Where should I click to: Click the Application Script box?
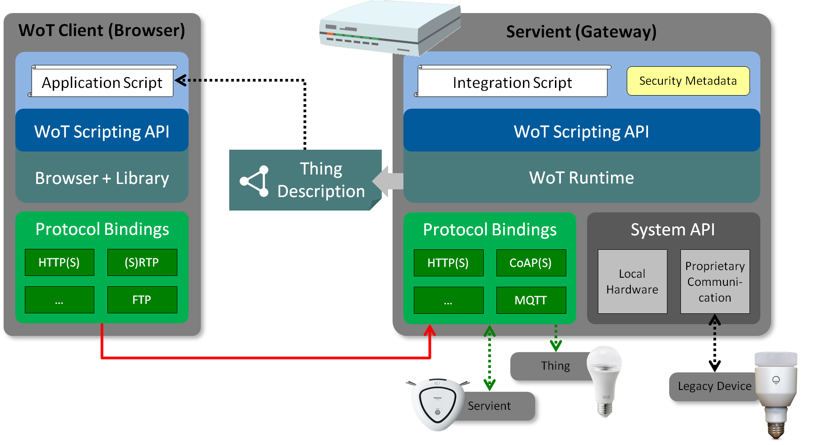[102, 83]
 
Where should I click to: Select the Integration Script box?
[512, 83]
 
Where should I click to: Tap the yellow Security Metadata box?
[688, 81]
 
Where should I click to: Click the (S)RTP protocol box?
[142, 262]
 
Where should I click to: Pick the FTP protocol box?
[142, 300]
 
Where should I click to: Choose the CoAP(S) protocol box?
[531, 263]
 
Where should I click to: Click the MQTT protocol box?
[531, 300]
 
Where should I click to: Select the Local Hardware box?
[632, 281]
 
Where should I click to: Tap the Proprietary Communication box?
[715, 281]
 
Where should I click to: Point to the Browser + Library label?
[102, 178]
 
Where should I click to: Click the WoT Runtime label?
[581, 178]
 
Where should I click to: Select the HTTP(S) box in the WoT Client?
[59, 262]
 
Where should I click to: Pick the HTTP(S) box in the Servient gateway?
[448, 263]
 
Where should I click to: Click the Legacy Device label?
[714, 386]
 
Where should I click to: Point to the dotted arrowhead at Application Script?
[181, 81]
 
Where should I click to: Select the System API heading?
[672, 229]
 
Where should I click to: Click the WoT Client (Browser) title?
[102, 30]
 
